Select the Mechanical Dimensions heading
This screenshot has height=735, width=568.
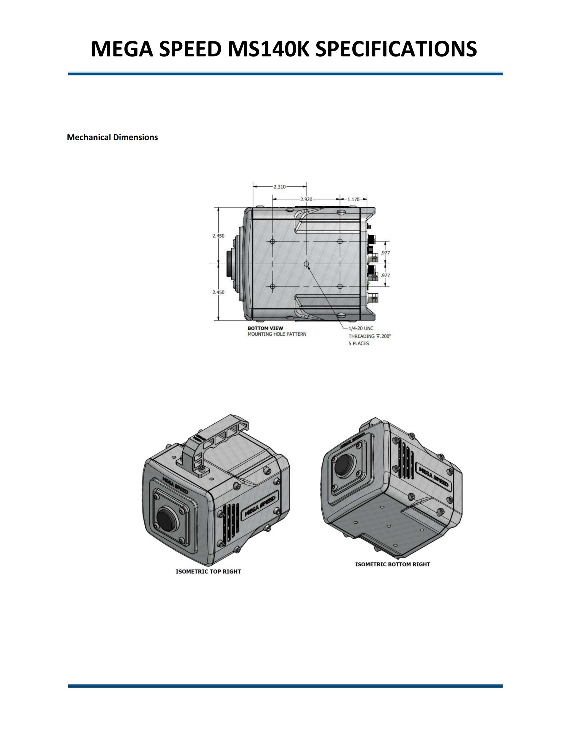(x=112, y=137)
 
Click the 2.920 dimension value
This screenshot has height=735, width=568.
(x=306, y=199)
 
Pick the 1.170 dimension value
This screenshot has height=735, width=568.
(x=353, y=199)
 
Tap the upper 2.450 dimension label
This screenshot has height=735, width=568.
(x=218, y=236)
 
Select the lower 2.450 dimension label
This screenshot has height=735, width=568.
(x=218, y=292)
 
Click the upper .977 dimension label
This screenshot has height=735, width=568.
(x=385, y=253)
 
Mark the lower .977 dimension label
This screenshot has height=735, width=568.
(x=385, y=275)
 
